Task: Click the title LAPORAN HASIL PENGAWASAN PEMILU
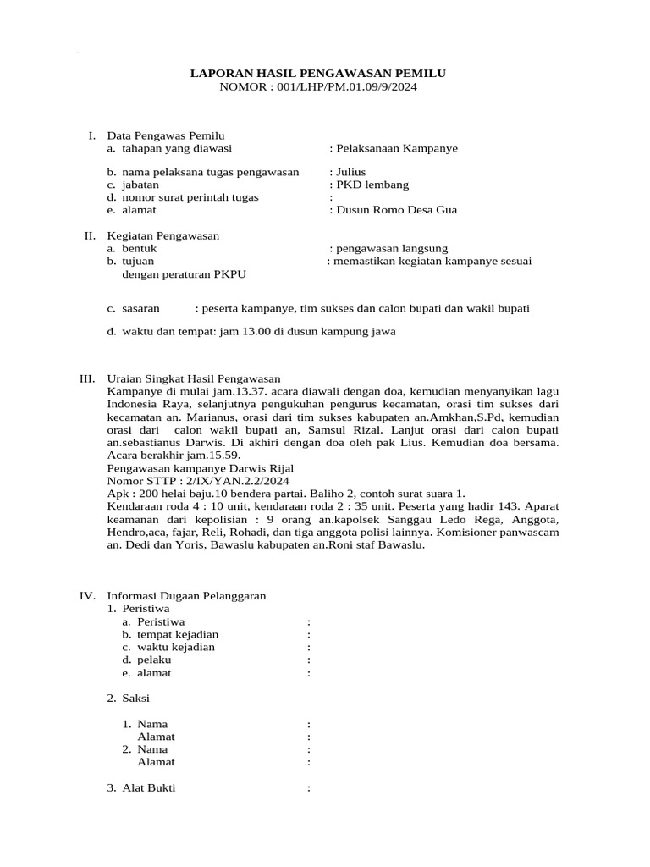(317, 74)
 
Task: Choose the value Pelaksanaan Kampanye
(396, 147)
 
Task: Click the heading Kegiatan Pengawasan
(163, 235)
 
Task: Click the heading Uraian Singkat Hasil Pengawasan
(194, 378)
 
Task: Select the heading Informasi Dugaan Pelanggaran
(187, 595)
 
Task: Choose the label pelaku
(153, 660)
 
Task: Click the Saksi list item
(138, 698)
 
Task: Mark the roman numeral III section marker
(87, 378)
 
